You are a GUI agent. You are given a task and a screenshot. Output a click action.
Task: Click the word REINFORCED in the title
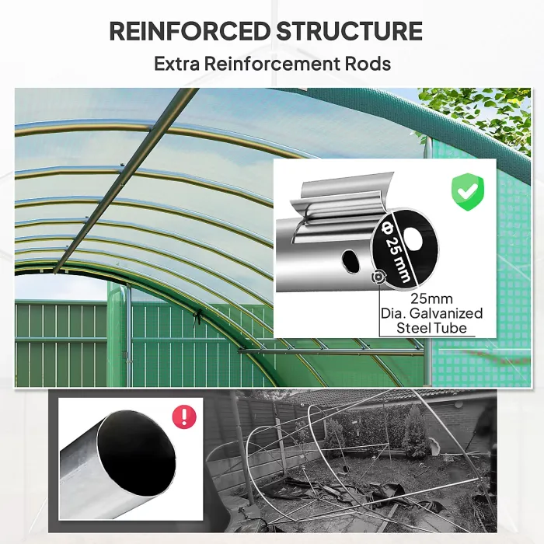pyautogui.click(x=189, y=32)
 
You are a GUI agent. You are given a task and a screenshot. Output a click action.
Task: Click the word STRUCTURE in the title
pyautogui.click(x=349, y=32)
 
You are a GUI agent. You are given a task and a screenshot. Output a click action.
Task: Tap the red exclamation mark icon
pyautogui.click(x=184, y=417)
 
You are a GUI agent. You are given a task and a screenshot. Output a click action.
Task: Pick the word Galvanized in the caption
pyautogui.click(x=448, y=313)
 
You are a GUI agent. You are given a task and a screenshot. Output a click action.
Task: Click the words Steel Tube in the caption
pyautogui.click(x=432, y=328)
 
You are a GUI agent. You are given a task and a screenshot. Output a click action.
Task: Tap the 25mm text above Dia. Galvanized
pyautogui.click(x=432, y=298)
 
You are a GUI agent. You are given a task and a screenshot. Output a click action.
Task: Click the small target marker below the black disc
pyautogui.click(x=378, y=277)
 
